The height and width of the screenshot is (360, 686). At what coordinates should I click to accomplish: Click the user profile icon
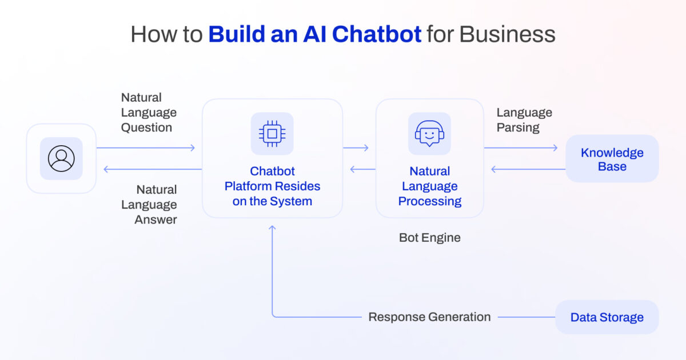[61, 158]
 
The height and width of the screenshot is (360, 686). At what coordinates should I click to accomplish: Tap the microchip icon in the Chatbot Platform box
[272, 134]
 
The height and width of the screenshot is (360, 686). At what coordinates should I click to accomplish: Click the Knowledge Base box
[612, 159]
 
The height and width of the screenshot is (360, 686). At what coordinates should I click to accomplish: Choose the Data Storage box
[607, 317]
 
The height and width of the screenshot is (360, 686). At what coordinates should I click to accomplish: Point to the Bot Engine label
[430, 238]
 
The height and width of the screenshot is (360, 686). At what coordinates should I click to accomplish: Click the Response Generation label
[429, 317]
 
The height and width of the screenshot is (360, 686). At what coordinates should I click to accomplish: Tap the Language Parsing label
[524, 120]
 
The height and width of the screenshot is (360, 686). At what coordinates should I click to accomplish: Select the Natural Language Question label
[149, 113]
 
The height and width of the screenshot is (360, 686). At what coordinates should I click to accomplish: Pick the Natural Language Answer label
[156, 205]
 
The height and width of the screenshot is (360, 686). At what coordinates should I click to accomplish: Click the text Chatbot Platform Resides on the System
[272, 186]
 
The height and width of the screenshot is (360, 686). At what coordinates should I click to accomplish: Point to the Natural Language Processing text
[430, 186]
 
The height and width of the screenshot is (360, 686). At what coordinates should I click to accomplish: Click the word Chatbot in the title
[377, 34]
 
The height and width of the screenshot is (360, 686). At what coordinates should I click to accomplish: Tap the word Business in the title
[508, 34]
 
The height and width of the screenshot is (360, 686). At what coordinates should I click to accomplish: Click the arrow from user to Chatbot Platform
[146, 148]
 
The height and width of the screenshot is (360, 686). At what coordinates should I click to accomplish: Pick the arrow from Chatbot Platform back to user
[151, 169]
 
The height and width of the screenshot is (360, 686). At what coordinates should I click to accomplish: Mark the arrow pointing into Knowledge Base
[521, 148]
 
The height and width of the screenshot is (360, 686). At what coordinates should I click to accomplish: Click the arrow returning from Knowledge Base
[528, 169]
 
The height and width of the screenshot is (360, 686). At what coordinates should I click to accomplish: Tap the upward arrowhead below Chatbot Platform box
[272, 228]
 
